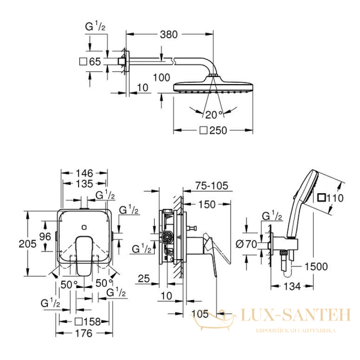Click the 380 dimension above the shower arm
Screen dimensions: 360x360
pyautogui.click(x=169, y=34)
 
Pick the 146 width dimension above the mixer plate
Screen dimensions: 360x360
pyautogui.click(x=85, y=171)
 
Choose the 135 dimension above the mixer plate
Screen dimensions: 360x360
pyautogui.click(x=85, y=184)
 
